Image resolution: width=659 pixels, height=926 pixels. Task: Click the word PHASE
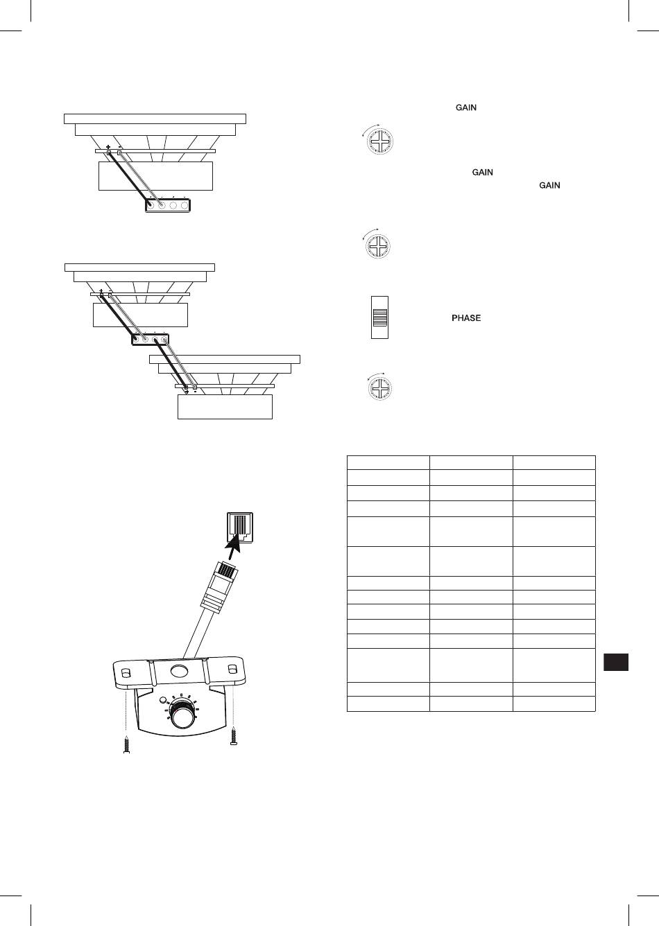coord(466,318)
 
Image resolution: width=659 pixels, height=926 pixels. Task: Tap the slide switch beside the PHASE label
coord(379,317)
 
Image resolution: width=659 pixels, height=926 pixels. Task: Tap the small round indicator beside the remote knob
coord(163,700)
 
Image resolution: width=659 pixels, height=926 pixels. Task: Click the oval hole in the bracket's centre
coord(178,670)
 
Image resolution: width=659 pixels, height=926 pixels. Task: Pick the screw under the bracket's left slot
coord(126,745)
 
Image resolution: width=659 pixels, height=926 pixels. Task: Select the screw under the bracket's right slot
coord(234,736)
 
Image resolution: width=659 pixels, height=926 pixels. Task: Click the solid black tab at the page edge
coord(616,662)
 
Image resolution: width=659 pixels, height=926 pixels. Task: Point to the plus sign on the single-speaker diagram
coord(108,147)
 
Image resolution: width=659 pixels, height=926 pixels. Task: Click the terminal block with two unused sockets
coord(168,205)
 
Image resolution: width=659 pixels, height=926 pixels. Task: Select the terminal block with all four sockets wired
coord(150,340)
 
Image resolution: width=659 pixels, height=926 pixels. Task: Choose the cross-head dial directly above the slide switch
coord(378,246)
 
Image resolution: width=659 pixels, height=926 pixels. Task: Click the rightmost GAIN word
coord(549,185)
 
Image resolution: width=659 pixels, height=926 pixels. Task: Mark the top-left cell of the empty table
coord(388,462)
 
